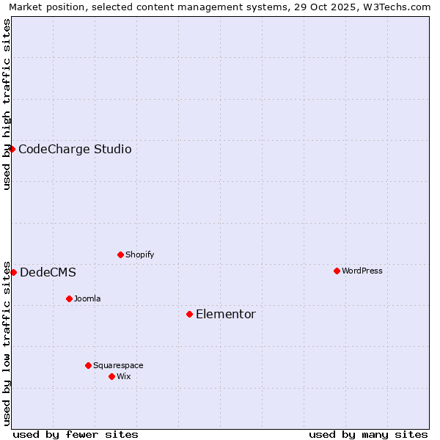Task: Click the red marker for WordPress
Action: coord(337,271)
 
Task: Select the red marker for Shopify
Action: coord(120,254)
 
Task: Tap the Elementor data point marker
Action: coord(189,314)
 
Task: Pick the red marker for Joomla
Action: coord(69,298)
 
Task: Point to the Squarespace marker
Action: coord(88,365)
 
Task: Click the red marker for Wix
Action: coord(111,376)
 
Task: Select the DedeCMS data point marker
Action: coord(13,272)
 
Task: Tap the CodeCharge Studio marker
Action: coord(12,149)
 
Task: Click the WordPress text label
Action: coord(362,271)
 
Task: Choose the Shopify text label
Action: coord(139,254)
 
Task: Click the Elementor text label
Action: coord(225,315)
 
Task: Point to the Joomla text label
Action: coord(87,298)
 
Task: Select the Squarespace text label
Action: coord(118,365)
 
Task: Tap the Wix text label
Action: coord(123,376)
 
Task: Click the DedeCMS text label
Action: coord(48,273)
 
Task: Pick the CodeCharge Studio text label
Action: coord(75,150)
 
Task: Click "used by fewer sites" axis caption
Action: coord(76,434)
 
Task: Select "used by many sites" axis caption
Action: coord(368,434)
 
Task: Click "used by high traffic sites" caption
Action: coord(7,104)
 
